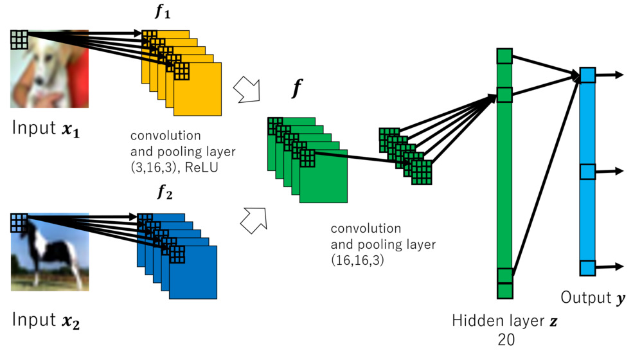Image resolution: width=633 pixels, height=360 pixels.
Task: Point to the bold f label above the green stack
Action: click(296, 89)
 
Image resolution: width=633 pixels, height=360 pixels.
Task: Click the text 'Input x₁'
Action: click(48, 127)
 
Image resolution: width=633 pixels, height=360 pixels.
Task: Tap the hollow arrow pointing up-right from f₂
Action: click(253, 219)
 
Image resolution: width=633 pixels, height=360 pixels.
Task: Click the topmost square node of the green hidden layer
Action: click(504, 56)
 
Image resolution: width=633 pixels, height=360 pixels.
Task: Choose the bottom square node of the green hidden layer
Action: click(504, 276)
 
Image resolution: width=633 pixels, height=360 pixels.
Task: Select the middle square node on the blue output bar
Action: click(587, 172)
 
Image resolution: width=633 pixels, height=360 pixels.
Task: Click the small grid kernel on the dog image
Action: click(19, 39)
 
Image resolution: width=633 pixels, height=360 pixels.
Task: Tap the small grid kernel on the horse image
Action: click(19, 222)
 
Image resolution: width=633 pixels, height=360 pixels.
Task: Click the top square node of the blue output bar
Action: click(587, 75)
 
